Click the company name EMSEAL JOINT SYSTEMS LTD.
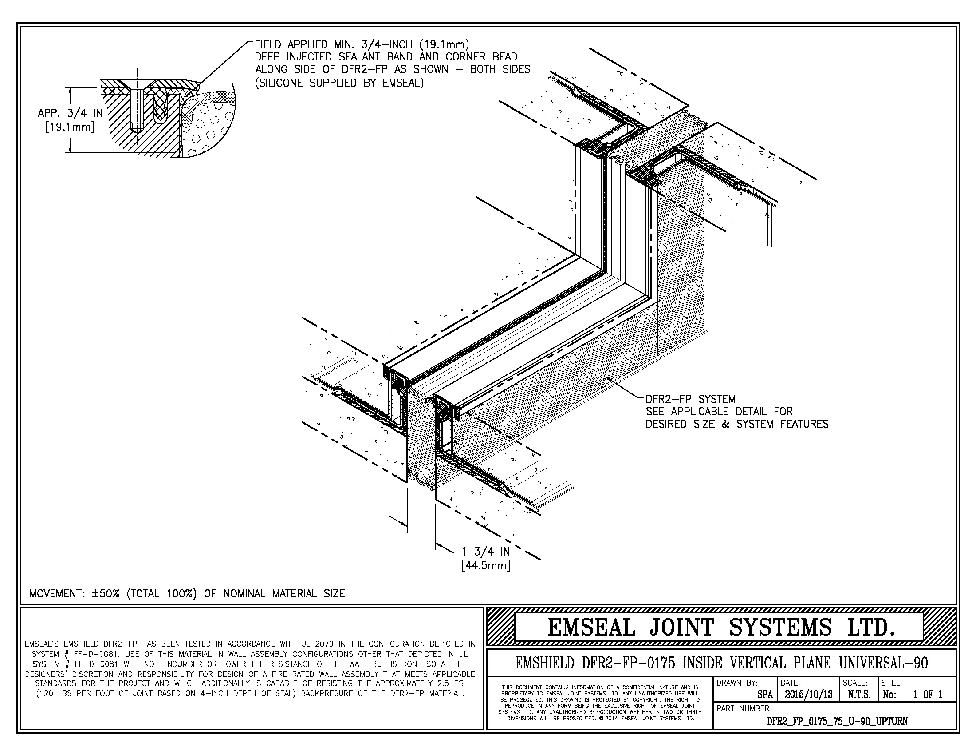[x=721, y=628]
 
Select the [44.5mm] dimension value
[x=485, y=566]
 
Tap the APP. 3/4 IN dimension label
[x=70, y=113]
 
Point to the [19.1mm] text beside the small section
[x=70, y=127]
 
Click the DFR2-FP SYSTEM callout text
[x=690, y=399]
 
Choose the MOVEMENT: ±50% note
[x=187, y=593]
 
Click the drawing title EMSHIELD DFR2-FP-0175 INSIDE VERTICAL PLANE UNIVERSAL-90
[x=721, y=663]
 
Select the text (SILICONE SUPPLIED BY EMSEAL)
[x=339, y=83]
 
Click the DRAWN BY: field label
[x=737, y=683]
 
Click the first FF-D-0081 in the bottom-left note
[x=101, y=654]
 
